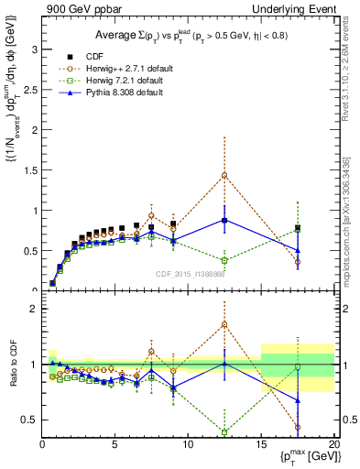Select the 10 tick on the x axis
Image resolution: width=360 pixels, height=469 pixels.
coord(188,444)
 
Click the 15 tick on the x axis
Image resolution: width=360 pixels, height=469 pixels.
coord(261,444)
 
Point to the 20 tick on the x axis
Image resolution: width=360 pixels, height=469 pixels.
coord(333,444)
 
